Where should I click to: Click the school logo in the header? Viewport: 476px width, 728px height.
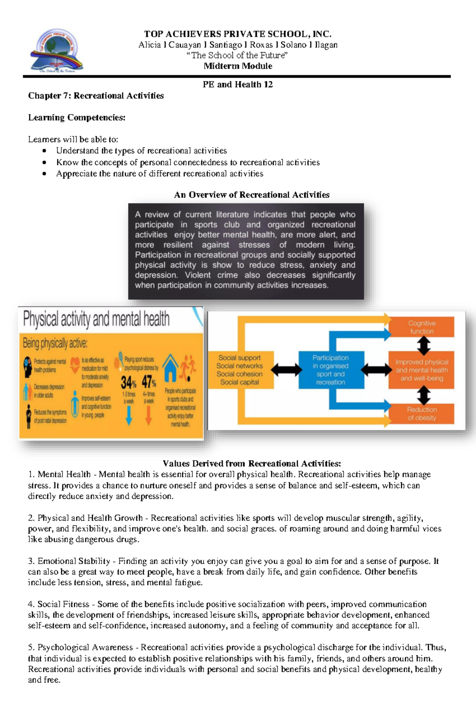[x=56, y=51]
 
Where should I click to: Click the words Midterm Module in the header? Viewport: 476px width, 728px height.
[x=238, y=66]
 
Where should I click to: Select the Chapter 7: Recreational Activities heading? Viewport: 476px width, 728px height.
[x=96, y=96]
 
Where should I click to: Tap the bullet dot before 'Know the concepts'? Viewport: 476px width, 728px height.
[x=44, y=162]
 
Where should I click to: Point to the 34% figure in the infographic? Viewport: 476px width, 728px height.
[x=129, y=382]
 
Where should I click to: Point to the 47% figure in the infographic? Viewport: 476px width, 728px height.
[x=149, y=382]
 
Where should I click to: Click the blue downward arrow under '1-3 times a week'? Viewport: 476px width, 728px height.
[x=129, y=415]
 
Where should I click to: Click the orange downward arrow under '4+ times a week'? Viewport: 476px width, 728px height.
[x=148, y=415]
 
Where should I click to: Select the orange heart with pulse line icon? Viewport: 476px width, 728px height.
[x=75, y=365]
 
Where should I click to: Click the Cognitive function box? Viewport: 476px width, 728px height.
[x=422, y=327]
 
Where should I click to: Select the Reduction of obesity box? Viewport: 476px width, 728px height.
[x=422, y=413]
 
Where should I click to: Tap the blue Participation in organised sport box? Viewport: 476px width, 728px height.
[x=330, y=370]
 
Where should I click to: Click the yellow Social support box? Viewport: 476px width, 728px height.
[x=240, y=370]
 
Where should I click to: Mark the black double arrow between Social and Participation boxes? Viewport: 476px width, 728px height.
[x=286, y=370]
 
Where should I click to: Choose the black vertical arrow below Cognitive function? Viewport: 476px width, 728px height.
[x=424, y=345]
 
